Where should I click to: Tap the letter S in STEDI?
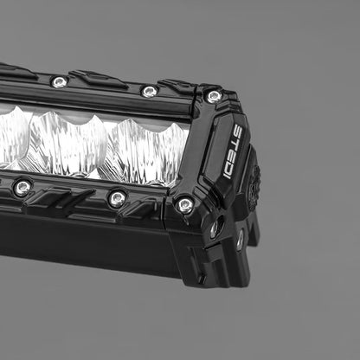[x=238, y=131]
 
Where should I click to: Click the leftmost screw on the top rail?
[x=59, y=82]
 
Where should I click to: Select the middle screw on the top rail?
[x=150, y=91]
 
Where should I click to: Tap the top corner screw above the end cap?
[x=213, y=96]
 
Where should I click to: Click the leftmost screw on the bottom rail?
[x=22, y=187]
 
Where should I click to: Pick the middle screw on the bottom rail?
[x=117, y=198]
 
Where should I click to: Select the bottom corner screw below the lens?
[x=184, y=205]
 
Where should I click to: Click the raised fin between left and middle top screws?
[x=100, y=80]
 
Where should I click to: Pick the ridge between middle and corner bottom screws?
[x=151, y=208]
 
